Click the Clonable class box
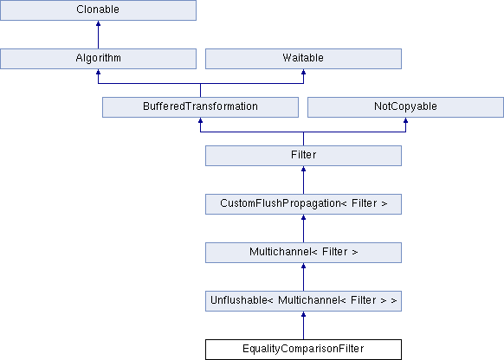click(98, 10)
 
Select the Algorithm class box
click(98, 59)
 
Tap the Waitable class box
click(303, 59)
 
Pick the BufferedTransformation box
click(200, 107)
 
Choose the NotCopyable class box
click(405, 107)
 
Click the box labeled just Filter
click(303, 156)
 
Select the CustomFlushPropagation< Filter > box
click(303, 204)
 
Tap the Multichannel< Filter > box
click(303, 253)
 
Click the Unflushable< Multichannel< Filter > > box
click(303, 301)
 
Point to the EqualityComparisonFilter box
click(303, 350)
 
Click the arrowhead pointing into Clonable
click(98, 23)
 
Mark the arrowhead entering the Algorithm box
click(98, 72)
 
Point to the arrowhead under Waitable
click(303, 72)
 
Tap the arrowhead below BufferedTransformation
click(200, 120)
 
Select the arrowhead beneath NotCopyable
click(405, 120)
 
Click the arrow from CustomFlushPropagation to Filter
click(303, 180)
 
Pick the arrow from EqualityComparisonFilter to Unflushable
click(303, 325)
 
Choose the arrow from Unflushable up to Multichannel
click(303, 277)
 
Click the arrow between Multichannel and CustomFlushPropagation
click(303, 228)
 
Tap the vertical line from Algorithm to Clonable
click(98, 35)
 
